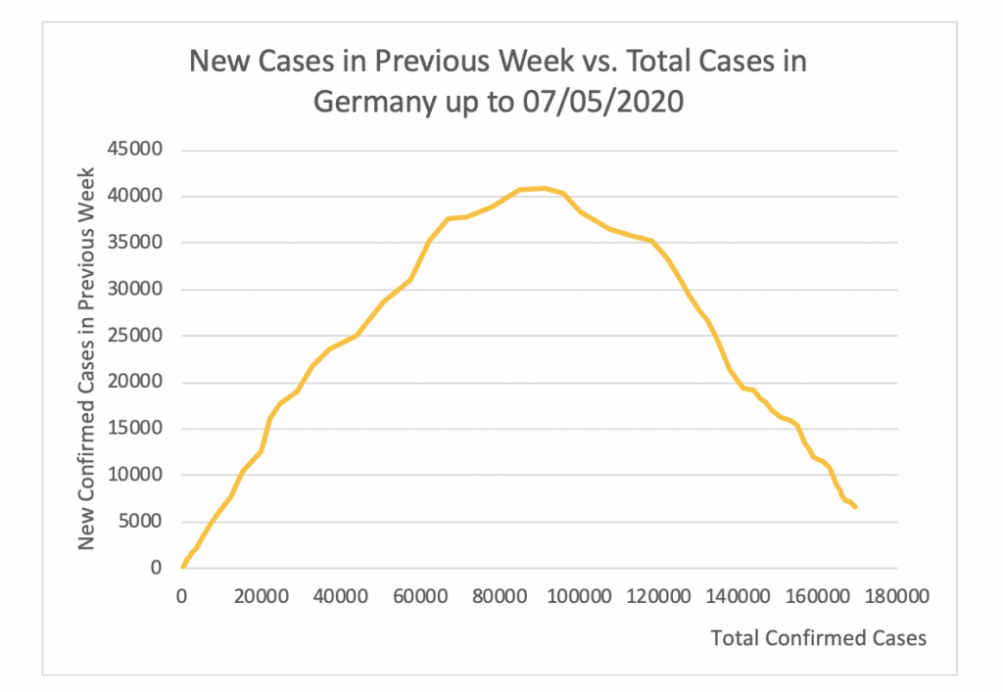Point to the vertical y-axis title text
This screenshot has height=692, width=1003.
tap(86, 357)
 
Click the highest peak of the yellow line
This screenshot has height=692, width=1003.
tap(544, 188)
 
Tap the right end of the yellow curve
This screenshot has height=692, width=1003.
tap(855, 506)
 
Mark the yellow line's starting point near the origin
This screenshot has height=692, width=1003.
tap(183, 566)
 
